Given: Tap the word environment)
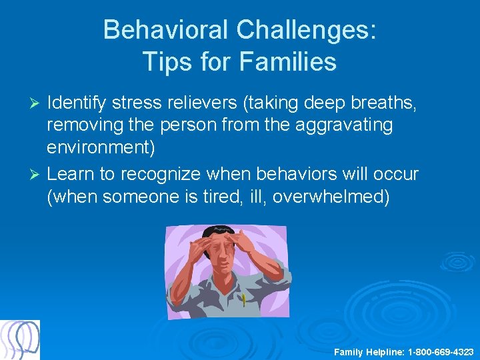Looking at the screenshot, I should (101, 147).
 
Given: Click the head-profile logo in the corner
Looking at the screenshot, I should (20, 340).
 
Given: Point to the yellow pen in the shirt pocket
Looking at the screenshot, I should (244, 301).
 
